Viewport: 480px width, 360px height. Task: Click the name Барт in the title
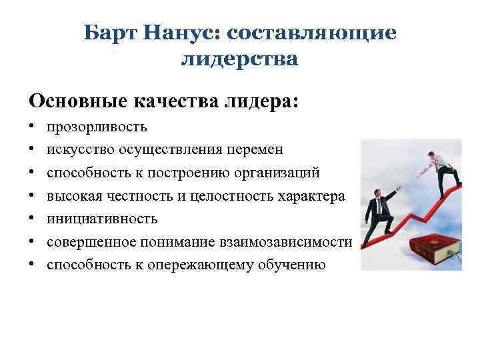coord(109,33)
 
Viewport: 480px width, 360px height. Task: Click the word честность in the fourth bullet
coord(149,196)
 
